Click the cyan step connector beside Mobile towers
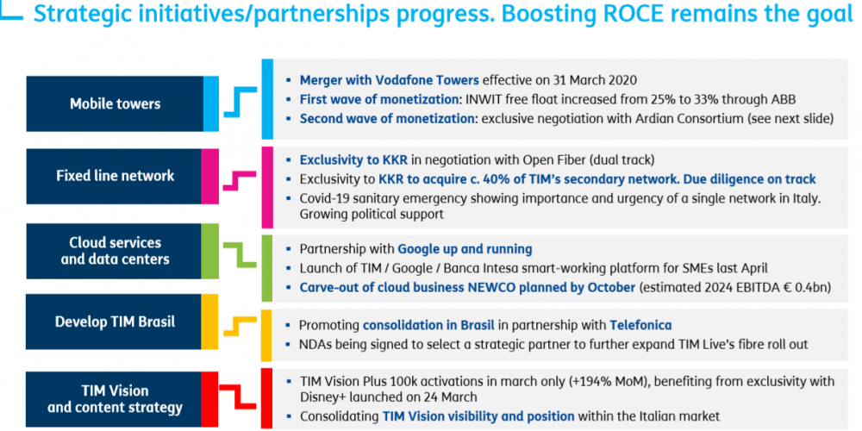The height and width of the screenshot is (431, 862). pyautogui.click(x=240, y=102)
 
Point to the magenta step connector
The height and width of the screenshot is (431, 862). pyautogui.click(x=240, y=181)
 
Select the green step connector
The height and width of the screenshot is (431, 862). pyautogui.click(x=240, y=256)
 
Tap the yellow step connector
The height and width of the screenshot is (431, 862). pyautogui.click(x=240, y=327)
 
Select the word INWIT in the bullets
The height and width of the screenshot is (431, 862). pyautogui.click(x=482, y=99)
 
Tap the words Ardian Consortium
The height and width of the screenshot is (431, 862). pyautogui.click(x=694, y=119)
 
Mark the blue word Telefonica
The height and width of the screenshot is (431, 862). pyautogui.click(x=640, y=325)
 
